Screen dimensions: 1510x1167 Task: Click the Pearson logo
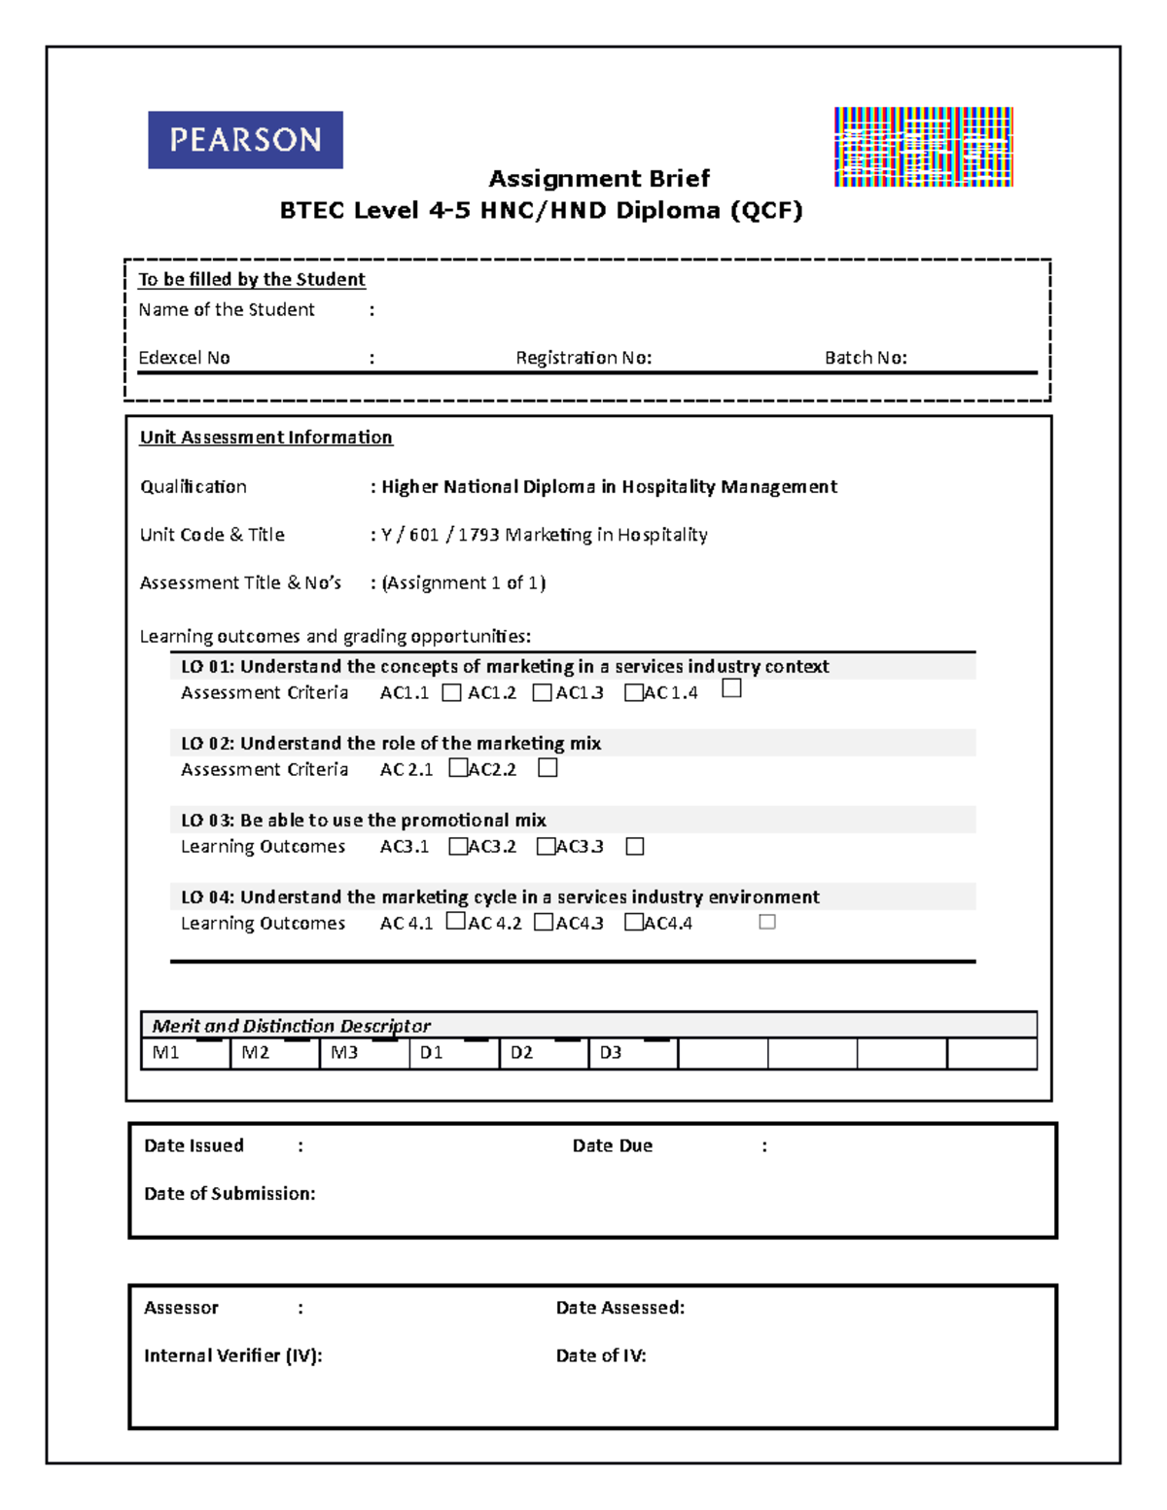click(x=245, y=140)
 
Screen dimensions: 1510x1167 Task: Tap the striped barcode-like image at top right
click(x=923, y=147)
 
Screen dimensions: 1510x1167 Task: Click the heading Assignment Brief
click(x=599, y=179)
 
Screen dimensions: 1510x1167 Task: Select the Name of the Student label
click(x=227, y=310)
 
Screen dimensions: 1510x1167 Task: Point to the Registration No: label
click(x=583, y=358)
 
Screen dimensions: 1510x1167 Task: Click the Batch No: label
click(x=866, y=358)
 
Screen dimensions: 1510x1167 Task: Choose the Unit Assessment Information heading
click(x=265, y=438)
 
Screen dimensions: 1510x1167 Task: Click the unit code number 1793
click(x=477, y=535)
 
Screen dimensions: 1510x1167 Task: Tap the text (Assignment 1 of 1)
click(x=464, y=583)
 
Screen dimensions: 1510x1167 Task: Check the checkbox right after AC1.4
click(x=732, y=688)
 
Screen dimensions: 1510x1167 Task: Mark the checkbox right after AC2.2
click(x=548, y=768)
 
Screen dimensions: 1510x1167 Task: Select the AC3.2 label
click(x=492, y=847)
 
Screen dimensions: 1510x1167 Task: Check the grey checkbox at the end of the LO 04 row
click(x=767, y=922)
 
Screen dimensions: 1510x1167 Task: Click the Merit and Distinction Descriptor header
click(x=292, y=1026)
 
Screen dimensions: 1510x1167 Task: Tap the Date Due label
click(x=613, y=1146)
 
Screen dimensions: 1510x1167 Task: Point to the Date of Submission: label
click(x=230, y=1194)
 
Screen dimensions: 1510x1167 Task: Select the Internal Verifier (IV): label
click(x=232, y=1356)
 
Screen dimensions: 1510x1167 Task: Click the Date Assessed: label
click(x=620, y=1309)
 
